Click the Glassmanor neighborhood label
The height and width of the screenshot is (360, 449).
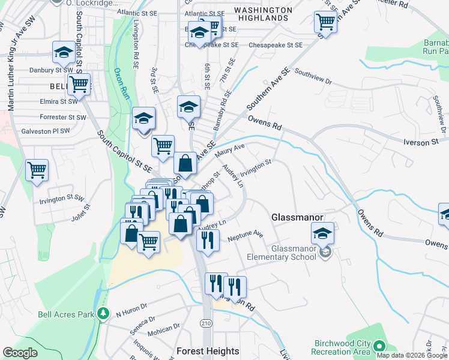click(298, 217)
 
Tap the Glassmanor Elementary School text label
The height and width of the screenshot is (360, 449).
click(294, 253)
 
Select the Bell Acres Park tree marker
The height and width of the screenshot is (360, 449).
click(104, 314)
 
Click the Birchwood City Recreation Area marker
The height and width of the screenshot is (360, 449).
click(379, 346)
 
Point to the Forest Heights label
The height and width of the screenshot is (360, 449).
click(208, 351)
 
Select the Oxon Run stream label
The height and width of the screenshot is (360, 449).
click(122, 83)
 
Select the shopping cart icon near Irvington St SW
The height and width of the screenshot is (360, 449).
click(37, 170)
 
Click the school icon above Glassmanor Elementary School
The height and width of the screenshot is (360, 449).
click(323, 233)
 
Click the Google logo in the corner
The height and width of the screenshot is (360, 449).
click(20, 353)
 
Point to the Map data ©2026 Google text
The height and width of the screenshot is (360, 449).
click(412, 355)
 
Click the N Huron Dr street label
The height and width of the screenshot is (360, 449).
click(131, 310)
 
